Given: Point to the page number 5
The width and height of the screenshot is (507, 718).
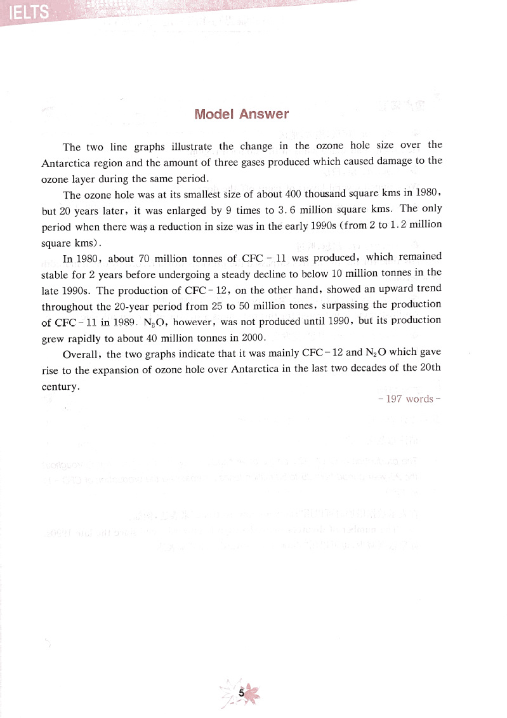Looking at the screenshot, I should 241,694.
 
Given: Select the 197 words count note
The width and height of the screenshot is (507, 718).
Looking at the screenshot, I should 409,399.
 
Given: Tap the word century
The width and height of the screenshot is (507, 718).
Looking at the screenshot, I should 60,385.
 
